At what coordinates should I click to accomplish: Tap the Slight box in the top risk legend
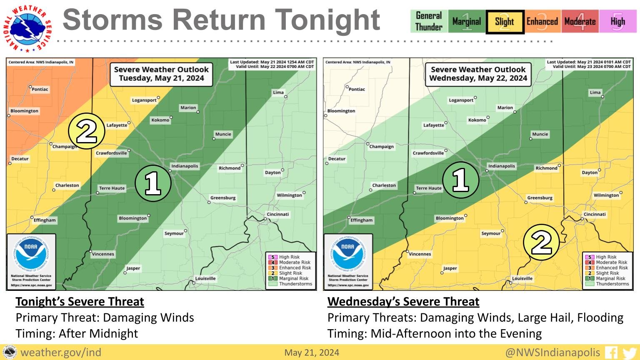505,22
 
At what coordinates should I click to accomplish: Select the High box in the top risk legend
617,22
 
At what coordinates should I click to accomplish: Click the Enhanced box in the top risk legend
542,22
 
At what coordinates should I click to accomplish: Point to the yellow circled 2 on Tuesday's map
86,132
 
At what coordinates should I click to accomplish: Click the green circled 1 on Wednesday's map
460,180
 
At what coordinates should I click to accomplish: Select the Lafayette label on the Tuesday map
117,125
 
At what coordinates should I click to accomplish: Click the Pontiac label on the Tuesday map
40,89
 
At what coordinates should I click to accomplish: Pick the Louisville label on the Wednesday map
522,278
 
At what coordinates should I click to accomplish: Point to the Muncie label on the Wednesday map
540,134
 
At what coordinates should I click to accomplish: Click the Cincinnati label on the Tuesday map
278,214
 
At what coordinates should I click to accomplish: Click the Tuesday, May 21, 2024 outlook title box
161,74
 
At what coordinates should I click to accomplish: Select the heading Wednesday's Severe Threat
403,301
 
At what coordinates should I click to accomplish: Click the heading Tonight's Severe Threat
80,301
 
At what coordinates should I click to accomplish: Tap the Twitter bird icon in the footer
627,353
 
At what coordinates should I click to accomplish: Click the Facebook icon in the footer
611,353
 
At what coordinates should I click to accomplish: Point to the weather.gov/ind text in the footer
61,352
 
